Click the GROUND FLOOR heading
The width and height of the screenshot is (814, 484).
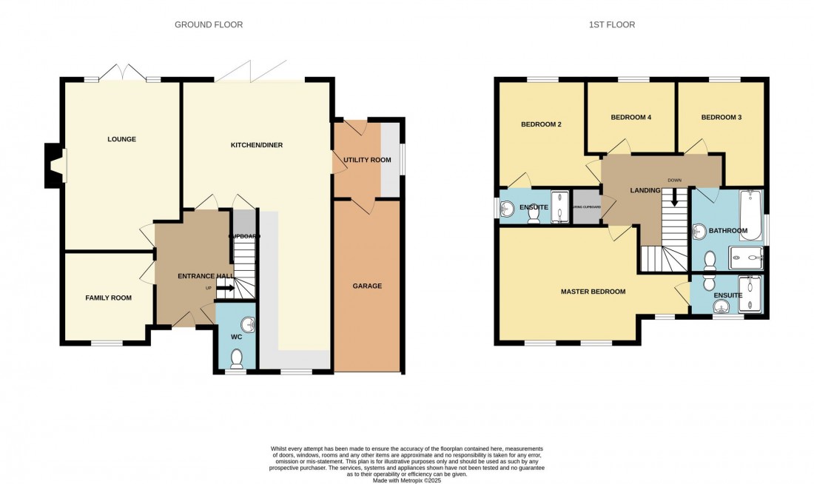pos(208,24)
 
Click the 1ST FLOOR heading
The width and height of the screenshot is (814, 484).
pos(611,24)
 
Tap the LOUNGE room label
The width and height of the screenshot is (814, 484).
pos(121,139)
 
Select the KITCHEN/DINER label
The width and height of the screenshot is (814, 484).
pos(256,145)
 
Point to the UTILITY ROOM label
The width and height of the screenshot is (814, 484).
pos(366,160)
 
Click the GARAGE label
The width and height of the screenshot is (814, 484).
pos(366,286)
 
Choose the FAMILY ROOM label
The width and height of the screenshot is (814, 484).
pos(108,298)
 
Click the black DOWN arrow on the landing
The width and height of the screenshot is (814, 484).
pos(673,198)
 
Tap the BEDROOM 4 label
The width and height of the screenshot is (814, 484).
pos(630,117)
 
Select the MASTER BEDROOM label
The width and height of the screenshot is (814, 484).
pos(593,292)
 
